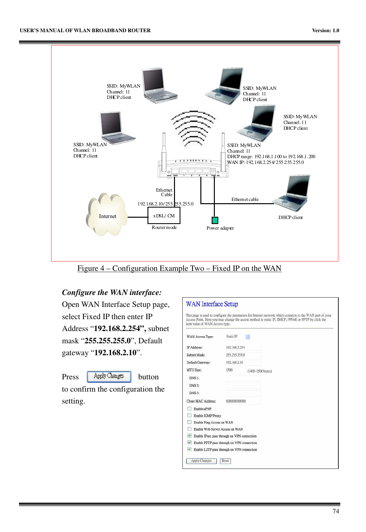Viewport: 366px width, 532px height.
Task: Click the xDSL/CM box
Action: pos(164,215)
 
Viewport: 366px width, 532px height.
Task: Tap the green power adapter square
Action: pos(215,220)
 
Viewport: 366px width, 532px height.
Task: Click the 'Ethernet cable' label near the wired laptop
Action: pos(245,199)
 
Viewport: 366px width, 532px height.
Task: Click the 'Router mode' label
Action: pos(164,227)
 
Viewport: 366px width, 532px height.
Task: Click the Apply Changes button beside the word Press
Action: pos(109,376)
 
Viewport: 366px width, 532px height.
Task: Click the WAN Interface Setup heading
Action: pos(212,304)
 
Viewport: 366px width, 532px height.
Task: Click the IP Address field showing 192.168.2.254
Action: pos(242,347)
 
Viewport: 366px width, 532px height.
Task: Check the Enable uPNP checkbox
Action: pos(189,409)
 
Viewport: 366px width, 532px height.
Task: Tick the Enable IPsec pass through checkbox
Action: pos(189,436)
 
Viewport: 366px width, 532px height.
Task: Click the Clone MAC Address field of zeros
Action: pos(242,401)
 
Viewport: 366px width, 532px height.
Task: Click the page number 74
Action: pos(335,511)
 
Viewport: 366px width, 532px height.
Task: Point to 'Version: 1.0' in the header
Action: pos(325,31)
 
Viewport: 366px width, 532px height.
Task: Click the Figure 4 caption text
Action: pos(179,268)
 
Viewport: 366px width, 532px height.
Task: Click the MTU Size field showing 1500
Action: pos(235,370)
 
